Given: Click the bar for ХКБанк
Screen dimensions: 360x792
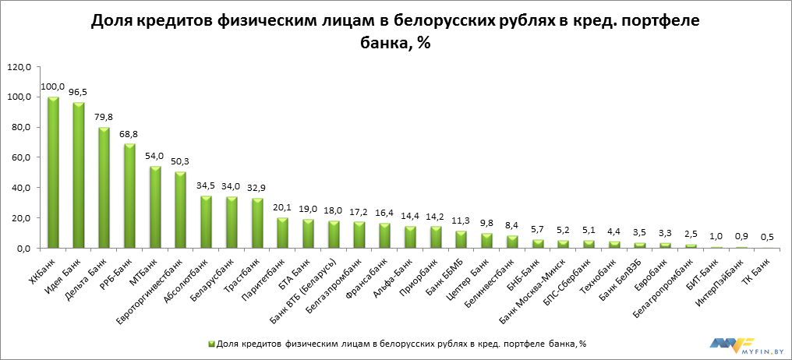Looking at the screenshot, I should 53,172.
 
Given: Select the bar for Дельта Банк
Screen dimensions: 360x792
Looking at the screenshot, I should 104,188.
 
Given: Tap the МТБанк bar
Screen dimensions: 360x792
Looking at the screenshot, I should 155,207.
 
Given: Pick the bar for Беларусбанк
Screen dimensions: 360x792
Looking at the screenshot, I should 232,223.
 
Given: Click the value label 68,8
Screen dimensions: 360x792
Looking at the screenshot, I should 129,134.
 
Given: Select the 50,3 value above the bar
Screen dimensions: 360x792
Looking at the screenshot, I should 181,162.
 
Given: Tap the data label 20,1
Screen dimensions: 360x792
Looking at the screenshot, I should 283,208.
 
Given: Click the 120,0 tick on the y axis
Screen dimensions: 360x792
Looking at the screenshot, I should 18,67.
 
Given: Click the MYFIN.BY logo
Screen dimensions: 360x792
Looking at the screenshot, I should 744,344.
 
